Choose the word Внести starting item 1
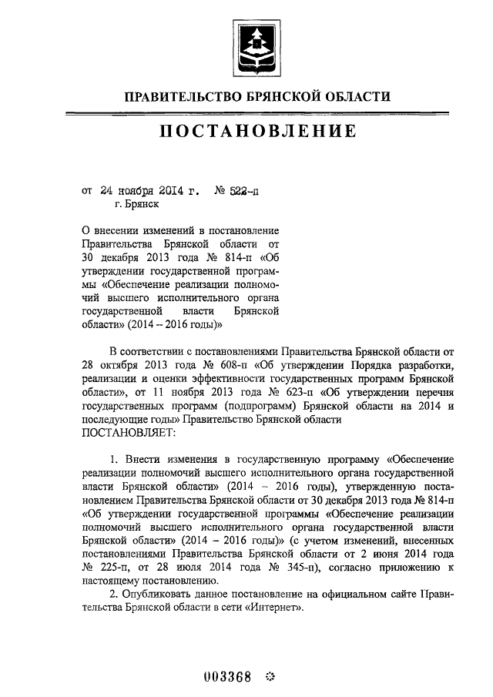coord(149,461)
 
